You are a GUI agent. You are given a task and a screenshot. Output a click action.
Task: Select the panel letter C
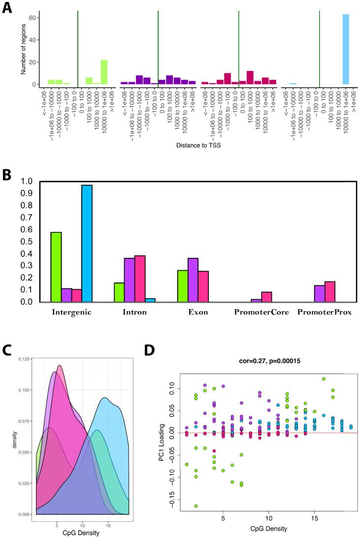click(x=7, y=349)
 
